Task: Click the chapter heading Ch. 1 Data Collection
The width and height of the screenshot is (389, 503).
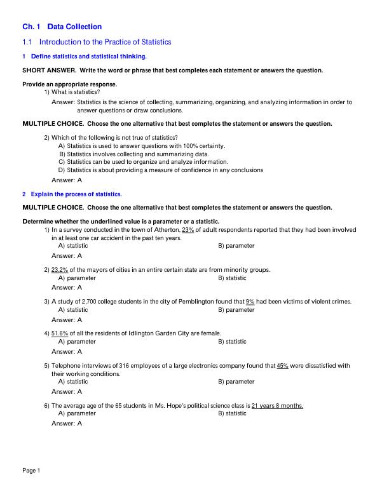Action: coord(62,27)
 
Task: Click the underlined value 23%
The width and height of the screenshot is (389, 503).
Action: coord(188,230)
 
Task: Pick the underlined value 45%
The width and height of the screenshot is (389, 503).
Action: coord(283,366)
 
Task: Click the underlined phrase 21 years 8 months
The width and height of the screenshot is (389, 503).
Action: coord(277,405)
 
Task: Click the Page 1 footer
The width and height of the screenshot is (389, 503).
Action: coord(31,471)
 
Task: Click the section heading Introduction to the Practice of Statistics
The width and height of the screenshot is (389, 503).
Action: coord(106,42)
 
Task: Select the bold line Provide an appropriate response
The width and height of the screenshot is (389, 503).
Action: coord(70,84)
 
